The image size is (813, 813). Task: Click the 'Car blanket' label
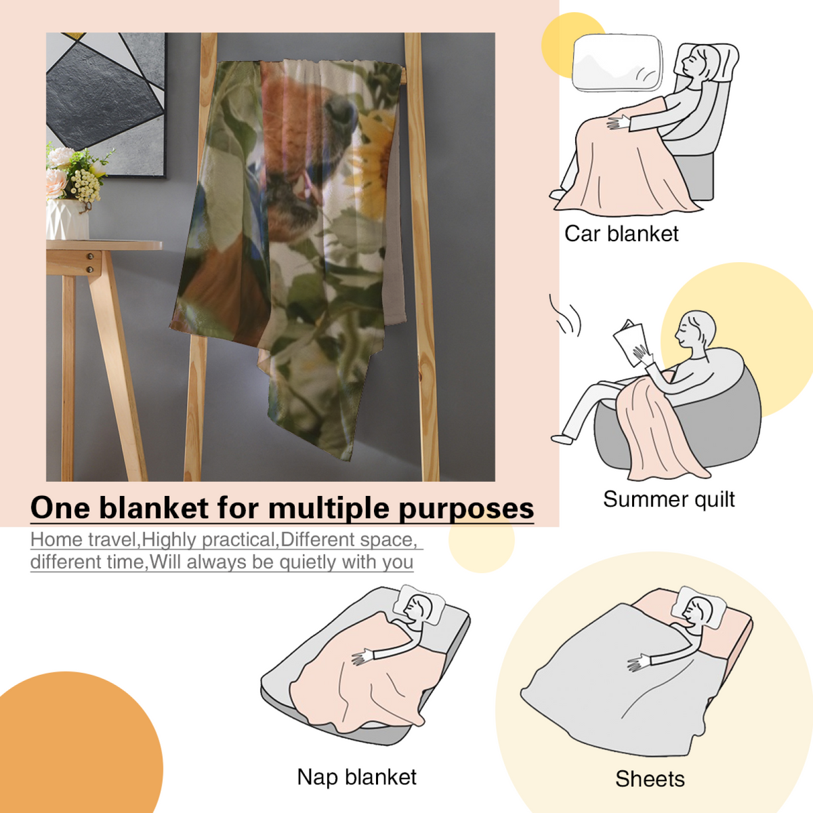point(621,234)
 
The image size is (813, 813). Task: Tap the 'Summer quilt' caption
point(669,499)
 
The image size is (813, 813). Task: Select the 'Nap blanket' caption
point(356,777)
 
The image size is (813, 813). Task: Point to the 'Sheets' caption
point(650,779)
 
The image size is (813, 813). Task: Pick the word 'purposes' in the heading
point(466,509)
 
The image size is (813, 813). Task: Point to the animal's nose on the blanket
point(341,111)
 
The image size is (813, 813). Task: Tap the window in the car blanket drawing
point(617,63)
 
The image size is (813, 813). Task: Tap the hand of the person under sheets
point(638,664)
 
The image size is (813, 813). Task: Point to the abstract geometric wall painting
point(106,104)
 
